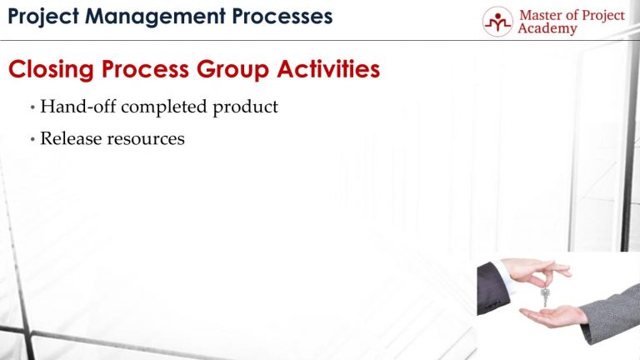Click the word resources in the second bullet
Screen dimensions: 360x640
pyautogui.click(x=146, y=138)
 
